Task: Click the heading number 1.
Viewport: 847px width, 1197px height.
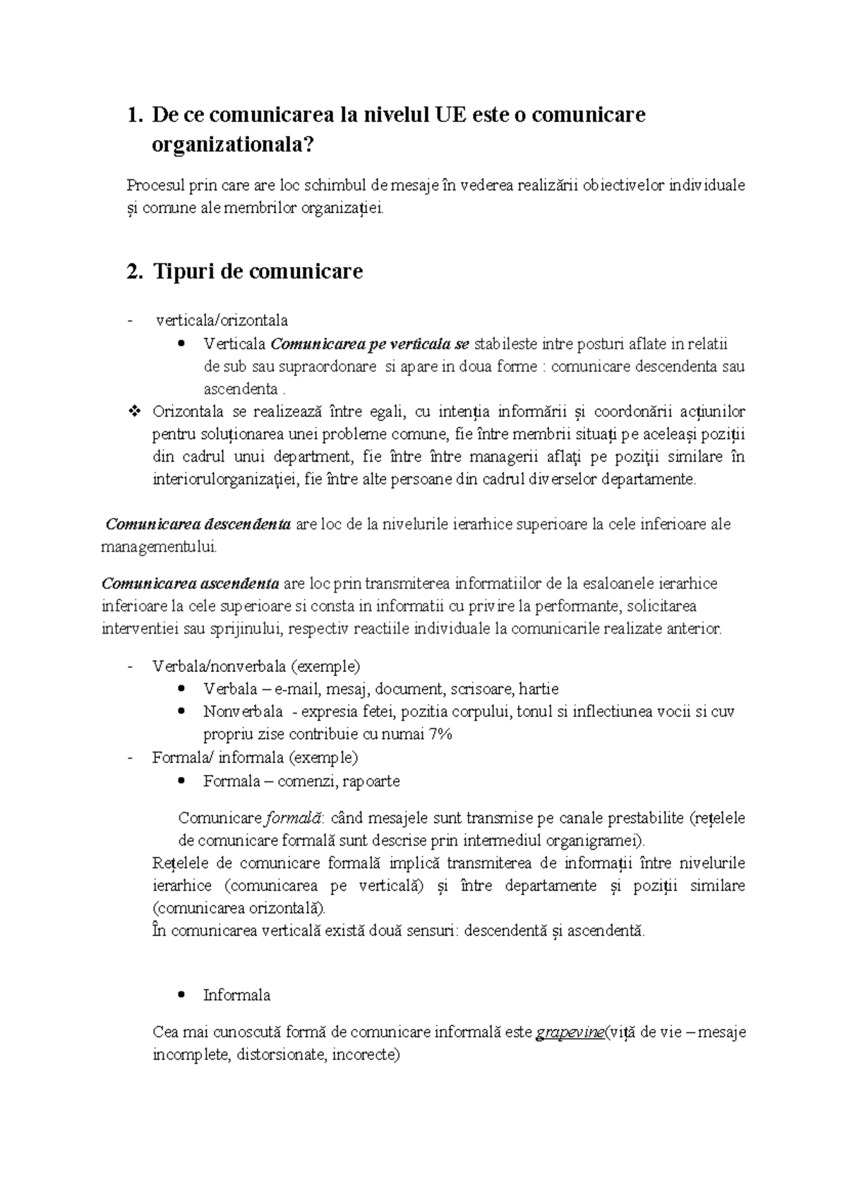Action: pyautogui.click(x=131, y=115)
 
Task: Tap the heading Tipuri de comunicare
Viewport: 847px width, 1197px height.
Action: pyautogui.click(x=258, y=272)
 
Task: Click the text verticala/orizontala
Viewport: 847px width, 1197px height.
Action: pyautogui.click(x=222, y=320)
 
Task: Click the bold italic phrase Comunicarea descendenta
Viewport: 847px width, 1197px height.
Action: pyautogui.click(x=198, y=524)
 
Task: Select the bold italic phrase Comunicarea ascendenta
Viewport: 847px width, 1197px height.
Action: pyautogui.click(x=191, y=584)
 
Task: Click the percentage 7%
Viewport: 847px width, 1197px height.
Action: pyautogui.click(x=440, y=734)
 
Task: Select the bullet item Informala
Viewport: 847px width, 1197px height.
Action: pyautogui.click(x=236, y=995)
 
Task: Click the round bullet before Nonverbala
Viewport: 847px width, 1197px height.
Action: pyautogui.click(x=183, y=711)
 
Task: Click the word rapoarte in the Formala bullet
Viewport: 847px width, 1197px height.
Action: pyautogui.click(x=371, y=781)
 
